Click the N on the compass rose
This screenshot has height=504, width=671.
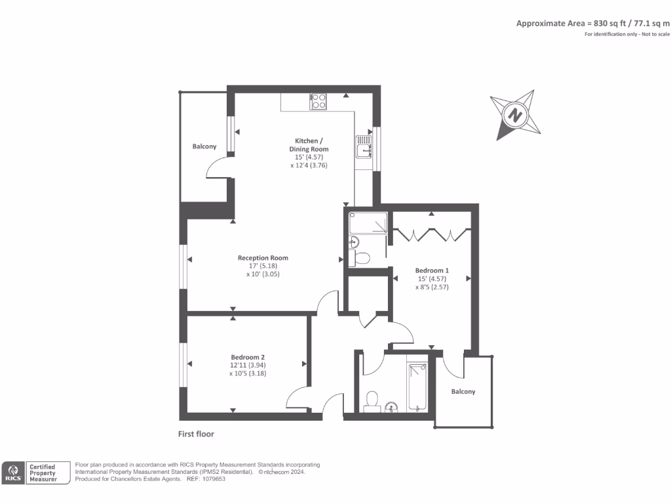(x=516, y=115)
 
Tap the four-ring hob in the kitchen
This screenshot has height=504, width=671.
(x=318, y=101)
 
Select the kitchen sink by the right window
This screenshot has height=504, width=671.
(x=364, y=148)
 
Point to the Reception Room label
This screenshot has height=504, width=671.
(x=263, y=258)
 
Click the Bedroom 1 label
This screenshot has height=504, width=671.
(x=432, y=270)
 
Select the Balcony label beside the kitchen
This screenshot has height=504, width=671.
(x=204, y=146)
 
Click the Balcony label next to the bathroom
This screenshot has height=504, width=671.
(x=463, y=392)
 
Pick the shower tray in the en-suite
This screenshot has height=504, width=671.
(x=368, y=224)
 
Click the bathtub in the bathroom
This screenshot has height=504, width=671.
(x=417, y=387)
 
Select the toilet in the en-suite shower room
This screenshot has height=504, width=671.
(x=360, y=257)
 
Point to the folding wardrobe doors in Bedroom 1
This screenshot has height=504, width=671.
(x=431, y=234)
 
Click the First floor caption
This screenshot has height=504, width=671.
(x=196, y=434)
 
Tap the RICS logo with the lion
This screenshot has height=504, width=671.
(x=12, y=473)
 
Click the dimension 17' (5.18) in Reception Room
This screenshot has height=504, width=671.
(x=262, y=266)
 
